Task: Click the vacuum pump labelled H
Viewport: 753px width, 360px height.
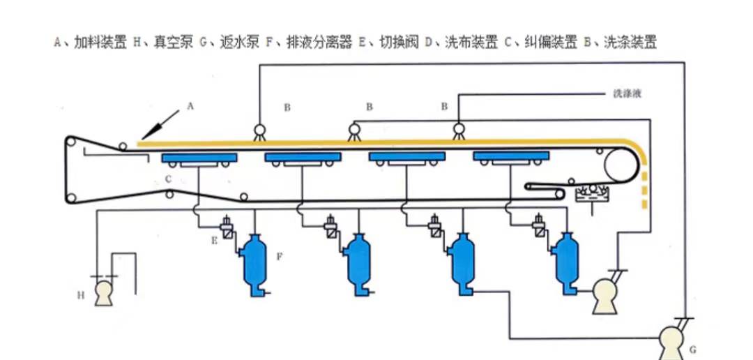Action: pos(105,292)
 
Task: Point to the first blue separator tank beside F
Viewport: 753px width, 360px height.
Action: pos(252,261)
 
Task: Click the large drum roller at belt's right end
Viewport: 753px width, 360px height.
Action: pos(622,165)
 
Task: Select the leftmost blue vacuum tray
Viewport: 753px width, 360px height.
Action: pos(199,158)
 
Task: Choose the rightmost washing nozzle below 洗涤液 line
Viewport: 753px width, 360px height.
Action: pos(459,130)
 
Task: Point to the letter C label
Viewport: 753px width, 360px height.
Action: pos(169,179)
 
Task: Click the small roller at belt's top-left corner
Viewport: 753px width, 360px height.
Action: pos(70,143)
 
